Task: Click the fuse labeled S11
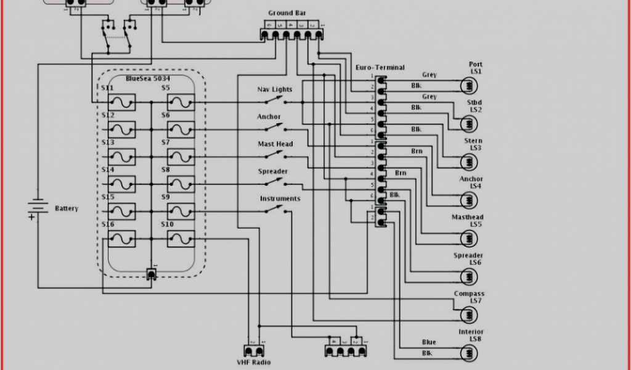pyautogui.click(x=122, y=102)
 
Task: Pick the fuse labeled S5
pyautogui.click(x=181, y=102)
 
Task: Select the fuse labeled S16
pyautogui.click(x=122, y=239)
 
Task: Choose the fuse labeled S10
pyautogui.click(x=181, y=239)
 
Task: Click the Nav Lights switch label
pyautogui.click(x=275, y=90)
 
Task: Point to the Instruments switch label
pyautogui.click(x=280, y=199)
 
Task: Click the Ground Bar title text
pyautogui.click(x=287, y=13)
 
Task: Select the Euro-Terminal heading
pyautogui.click(x=380, y=67)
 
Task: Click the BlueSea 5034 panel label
pyautogui.click(x=148, y=79)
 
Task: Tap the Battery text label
pyautogui.click(x=67, y=208)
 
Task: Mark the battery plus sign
pyautogui.click(x=31, y=217)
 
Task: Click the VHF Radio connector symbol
pyautogui.click(x=253, y=351)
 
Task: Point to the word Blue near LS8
pyautogui.click(x=429, y=342)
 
